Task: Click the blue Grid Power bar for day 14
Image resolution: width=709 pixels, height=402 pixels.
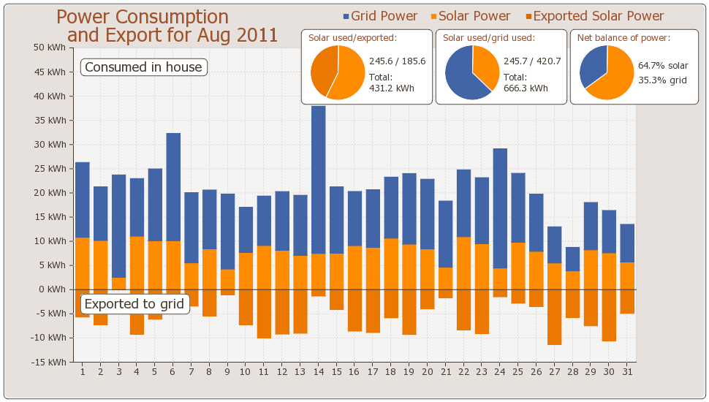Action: pyautogui.click(x=318, y=180)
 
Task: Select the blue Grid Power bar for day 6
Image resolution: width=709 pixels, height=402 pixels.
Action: pyautogui.click(x=173, y=187)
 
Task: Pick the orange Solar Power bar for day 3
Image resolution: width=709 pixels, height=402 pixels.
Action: pyautogui.click(x=119, y=284)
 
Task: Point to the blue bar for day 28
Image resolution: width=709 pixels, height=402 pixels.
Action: pyautogui.click(x=572, y=259)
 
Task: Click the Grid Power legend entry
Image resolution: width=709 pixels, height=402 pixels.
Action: pyautogui.click(x=380, y=16)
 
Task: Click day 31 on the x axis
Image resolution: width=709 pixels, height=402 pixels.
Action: pyautogui.click(x=627, y=372)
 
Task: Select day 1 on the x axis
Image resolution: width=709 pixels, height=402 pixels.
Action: pyautogui.click(x=83, y=372)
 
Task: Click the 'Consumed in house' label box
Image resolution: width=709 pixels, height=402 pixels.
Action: pyautogui.click(x=143, y=67)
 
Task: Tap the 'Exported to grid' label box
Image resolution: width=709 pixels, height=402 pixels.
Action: pyautogui.click(x=134, y=304)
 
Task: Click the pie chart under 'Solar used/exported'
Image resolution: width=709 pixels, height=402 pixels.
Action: pyautogui.click(x=337, y=72)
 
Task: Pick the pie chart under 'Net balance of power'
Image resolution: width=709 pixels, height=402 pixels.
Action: pyautogui.click(x=606, y=72)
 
